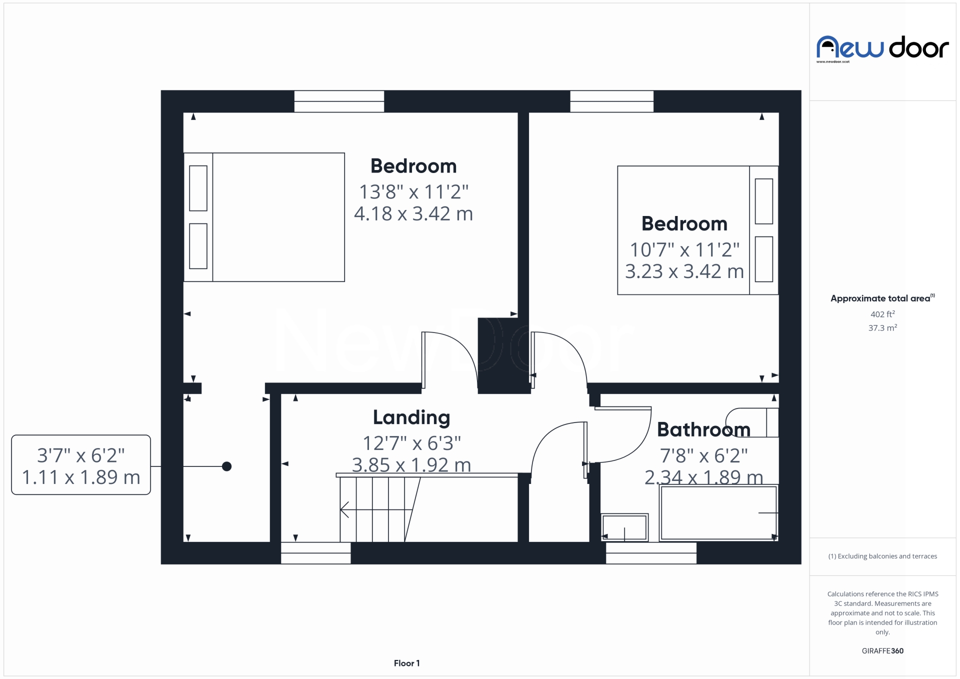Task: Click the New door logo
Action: pos(882,48)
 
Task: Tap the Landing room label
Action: pos(411,417)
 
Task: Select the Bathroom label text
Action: pos(703,429)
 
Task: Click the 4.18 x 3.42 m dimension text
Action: pos(413,214)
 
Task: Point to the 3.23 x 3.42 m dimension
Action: pos(684,271)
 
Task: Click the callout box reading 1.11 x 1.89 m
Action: pos(81,465)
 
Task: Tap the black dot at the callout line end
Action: pos(226,466)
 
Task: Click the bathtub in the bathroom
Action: pos(718,512)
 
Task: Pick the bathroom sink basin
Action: pos(624,527)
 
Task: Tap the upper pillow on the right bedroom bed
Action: pos(763,201)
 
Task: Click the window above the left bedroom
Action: pos(339,101)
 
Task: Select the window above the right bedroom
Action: pos(611,101)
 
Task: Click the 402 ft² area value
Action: pos(882,314)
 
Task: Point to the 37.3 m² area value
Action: pos(882,328)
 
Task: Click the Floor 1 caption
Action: pos(406,663)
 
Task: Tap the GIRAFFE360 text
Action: pos(882,651)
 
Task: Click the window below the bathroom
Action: pos(651,553)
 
